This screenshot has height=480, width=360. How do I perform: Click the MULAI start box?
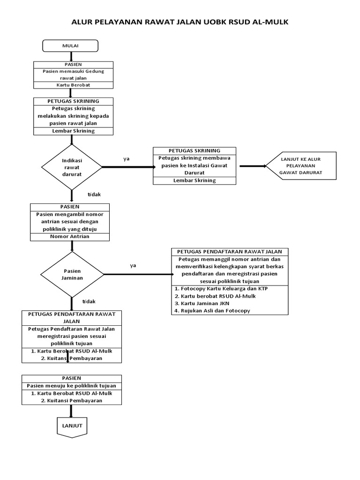point(70,46)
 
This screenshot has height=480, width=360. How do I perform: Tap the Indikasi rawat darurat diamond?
point(72,167)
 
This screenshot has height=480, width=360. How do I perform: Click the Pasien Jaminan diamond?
point(72,274)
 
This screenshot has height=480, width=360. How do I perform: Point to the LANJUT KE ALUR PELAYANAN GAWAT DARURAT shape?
point(301,165)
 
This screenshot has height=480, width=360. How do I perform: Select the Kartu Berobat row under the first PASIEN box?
point(73,85)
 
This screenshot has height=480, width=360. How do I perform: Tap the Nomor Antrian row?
point(70,237)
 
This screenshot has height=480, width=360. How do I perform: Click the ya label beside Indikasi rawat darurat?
point(127,159)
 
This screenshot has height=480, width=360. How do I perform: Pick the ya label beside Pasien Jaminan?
point(133,266)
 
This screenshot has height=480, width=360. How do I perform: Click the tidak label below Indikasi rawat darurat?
point(94,195)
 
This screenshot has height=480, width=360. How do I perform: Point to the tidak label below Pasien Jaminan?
point(89,301)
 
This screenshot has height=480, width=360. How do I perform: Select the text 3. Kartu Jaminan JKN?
point(202,303)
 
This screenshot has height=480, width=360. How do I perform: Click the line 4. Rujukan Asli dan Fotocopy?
point(212,311)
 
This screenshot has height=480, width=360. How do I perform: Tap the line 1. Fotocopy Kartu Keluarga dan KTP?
point(221,289)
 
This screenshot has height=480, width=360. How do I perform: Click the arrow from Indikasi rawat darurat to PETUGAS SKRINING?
point(129,167)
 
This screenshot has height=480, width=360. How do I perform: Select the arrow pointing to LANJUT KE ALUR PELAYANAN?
point(253,166)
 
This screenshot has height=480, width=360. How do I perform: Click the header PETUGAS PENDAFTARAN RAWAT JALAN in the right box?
point(230,252)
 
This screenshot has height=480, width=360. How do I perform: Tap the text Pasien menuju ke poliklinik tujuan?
point(72,386)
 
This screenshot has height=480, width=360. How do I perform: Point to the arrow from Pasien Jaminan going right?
point(139,274)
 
